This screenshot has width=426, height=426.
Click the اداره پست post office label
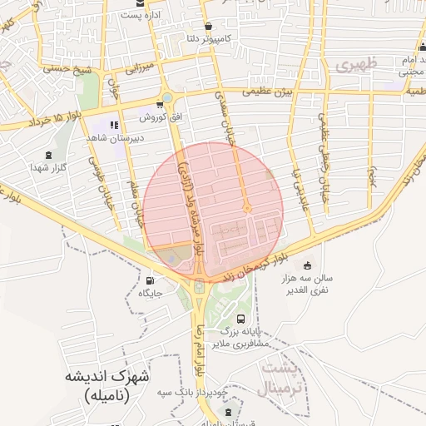[x=136, y=15]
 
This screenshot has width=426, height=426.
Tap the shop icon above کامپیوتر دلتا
[x=207, y=25]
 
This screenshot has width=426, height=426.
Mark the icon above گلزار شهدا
[x=47, y=154]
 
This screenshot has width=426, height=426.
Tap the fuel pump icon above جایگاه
[x=150, y=280]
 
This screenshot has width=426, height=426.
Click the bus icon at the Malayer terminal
[x=240, y=319]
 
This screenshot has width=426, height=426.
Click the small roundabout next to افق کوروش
[x=166, y=98]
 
